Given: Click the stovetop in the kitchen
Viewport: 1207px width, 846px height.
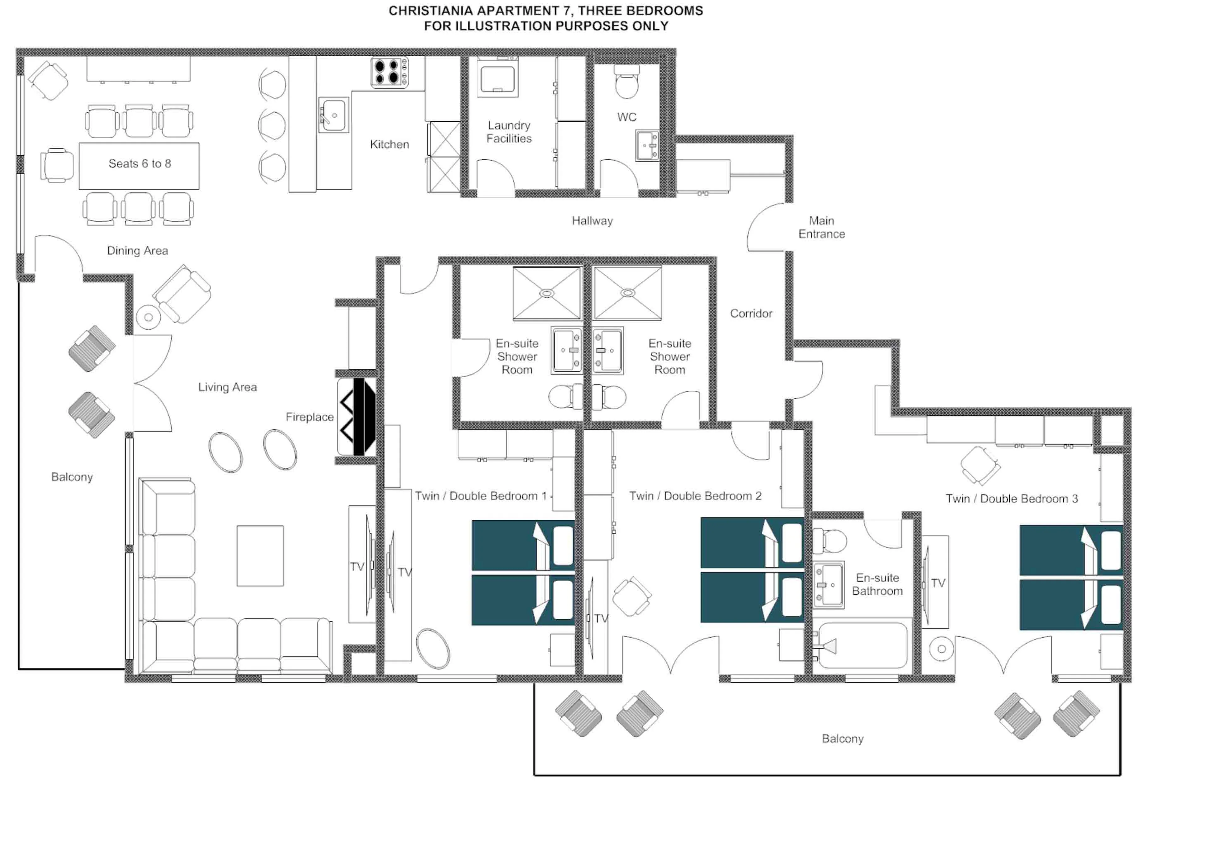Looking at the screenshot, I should pos(389,72).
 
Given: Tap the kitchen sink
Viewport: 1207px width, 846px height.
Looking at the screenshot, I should pos(333,115).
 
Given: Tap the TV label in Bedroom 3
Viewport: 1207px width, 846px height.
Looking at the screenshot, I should pos(938,583).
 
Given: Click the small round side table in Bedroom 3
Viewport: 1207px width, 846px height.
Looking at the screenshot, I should pos(941,649).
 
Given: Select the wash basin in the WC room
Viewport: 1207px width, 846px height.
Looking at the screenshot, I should pos(648,146).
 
